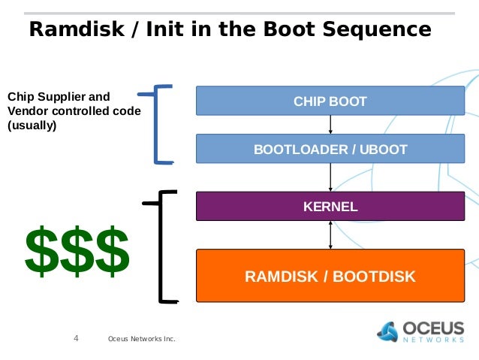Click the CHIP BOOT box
pyautogui.click(x=330, y=101)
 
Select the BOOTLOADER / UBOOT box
pyautogui.click(x=330, y=149)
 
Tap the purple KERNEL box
pyautogui.click(x=330, y=206)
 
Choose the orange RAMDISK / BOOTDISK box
pyautogui.click(x=330, y=276)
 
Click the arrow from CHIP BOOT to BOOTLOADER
pyautogui.click(x=330, y=125)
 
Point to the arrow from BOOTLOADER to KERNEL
pyautogui.click(x=330, y=177)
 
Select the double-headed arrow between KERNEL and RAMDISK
pyautogui.click(x=330, y=235)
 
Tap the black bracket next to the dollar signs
pyautogui.click(x=161, y=247)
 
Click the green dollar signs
pyautogui.click(x=77, y=251)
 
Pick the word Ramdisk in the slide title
pyautogui.click(x=77, y=29)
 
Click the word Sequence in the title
pyautogui.click(x=377, y=29)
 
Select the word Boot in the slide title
pyautogui.click(x=289, y=29)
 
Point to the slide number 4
pyautogui.click(x=76, y=338)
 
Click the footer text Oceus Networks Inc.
pyautogui.click(x=142, y=339)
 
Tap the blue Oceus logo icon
pyautogui.click(x=387, y=331)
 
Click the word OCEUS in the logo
pyautogui.click(x=433, y=328)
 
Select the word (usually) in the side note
pyautogui.click(x=32, y=126)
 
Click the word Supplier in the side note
pyautogui.click(x=59, y=97)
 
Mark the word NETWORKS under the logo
pyautogui.click(x=433, y=340)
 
